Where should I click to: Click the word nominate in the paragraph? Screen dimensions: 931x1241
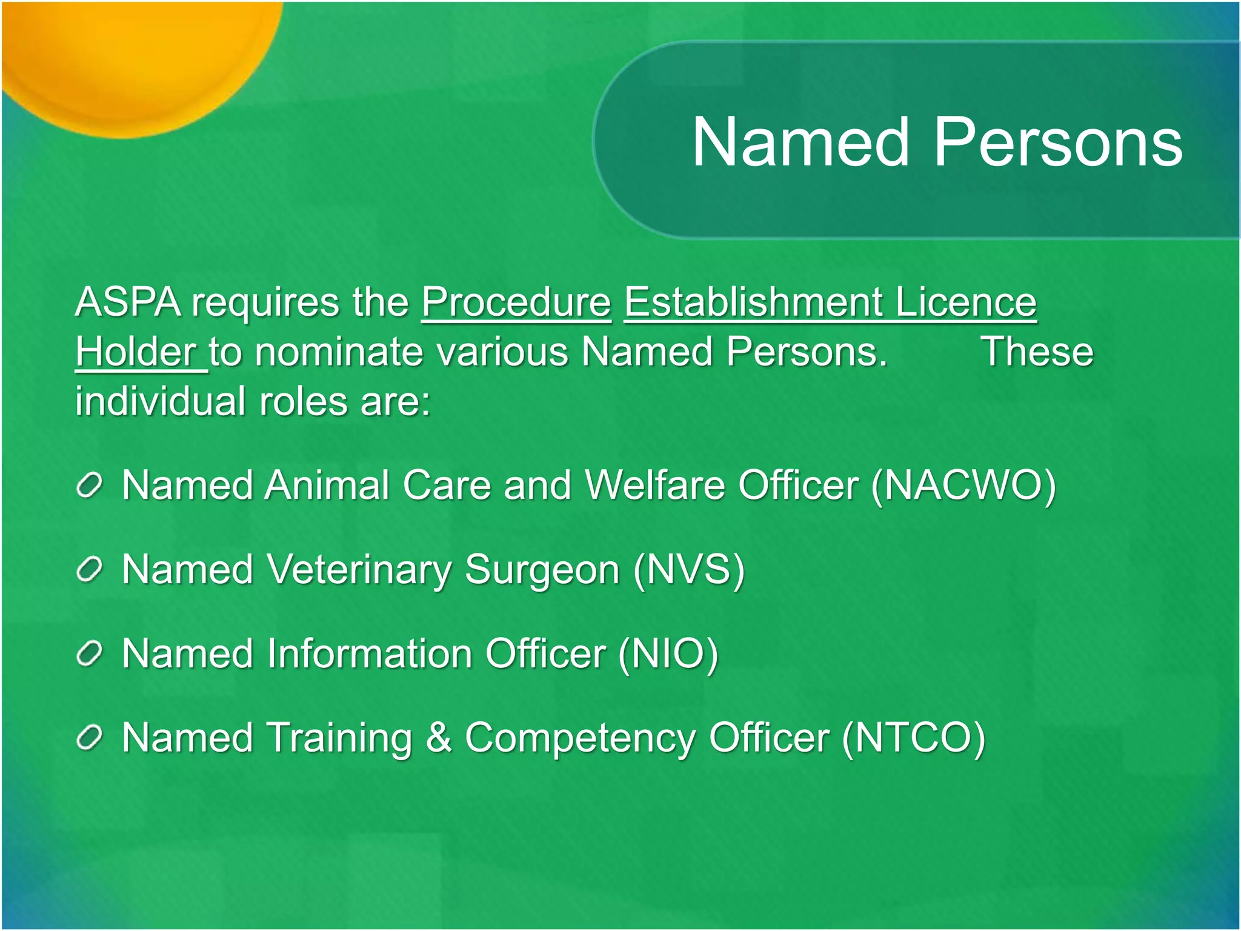(x=339, y=352)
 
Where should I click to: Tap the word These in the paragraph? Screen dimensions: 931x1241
(x=1037, y=352)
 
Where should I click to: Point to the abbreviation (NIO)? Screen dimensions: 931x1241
(x=668, y=654)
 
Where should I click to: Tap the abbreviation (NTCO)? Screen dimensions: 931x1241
(x=914, y=738)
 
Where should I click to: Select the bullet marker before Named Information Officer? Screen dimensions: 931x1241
(x=89, y=654)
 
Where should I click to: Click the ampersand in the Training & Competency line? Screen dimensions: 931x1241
(x=439, y=738)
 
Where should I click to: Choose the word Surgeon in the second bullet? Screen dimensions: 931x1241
(x=542, y=571)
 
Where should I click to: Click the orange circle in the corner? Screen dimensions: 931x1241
(x=133, y=55)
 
